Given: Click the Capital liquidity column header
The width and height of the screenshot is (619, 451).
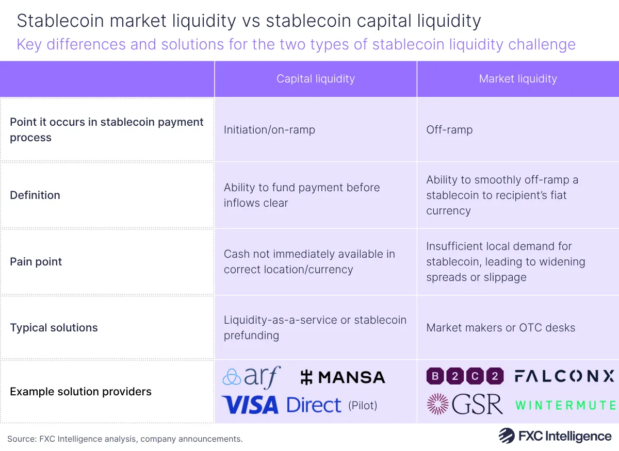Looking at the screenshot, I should point(316,79).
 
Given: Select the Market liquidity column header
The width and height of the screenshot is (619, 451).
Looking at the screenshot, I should point(518,79).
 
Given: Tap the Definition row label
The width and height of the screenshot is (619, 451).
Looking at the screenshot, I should point(35,195).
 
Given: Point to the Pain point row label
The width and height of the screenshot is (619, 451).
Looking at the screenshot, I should point(36,261).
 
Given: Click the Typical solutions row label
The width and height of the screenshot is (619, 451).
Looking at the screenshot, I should point(54,327).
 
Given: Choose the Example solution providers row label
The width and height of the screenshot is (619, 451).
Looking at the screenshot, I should point(80,391).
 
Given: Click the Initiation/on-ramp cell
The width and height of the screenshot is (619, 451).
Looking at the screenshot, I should point(269,129).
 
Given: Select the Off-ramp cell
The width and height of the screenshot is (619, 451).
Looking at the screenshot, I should point(449,129).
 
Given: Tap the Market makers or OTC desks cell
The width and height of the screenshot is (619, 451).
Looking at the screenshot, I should point(500,327).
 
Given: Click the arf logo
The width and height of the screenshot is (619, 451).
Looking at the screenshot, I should point(251,377).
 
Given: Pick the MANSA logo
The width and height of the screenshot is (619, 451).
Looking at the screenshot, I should point(343,377).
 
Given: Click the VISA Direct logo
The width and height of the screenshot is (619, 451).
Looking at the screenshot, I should point(282,405).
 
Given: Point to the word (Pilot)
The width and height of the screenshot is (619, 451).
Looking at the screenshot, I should point(363,406).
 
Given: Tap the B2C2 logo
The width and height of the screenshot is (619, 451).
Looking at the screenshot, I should point(465,376).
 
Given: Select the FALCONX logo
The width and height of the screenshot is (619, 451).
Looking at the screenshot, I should point(564,376).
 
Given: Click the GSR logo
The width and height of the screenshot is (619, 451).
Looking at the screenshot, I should point(465,405).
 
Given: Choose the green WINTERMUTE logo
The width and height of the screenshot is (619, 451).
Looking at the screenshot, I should point(565,405).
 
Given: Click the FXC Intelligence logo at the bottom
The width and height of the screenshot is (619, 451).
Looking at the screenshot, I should point(555,436).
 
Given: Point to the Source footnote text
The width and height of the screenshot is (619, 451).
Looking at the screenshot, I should point(125,439).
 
